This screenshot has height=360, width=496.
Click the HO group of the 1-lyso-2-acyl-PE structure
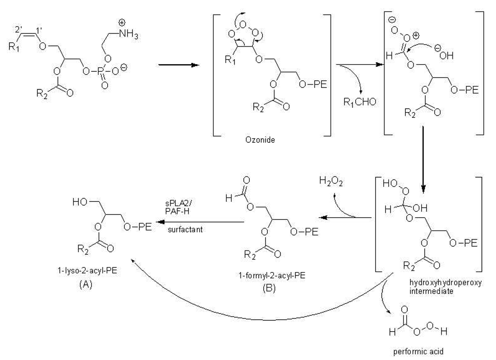81,203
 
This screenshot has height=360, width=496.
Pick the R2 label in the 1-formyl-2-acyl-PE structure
253,256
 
